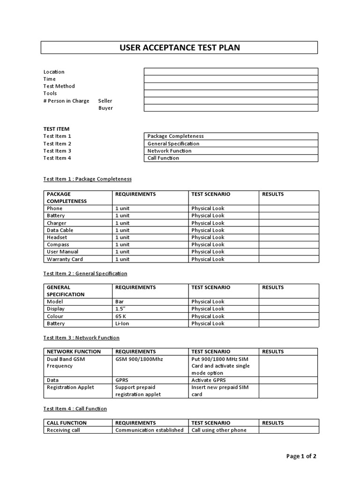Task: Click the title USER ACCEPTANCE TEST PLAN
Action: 180,48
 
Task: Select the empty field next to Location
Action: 231,72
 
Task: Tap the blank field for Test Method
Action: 231,86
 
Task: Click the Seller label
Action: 105,101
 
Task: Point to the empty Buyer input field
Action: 231,108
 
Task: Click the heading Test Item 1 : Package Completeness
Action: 88,179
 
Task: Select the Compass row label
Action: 58,245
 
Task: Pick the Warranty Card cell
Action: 65,259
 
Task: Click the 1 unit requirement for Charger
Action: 122,223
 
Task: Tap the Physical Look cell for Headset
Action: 208,238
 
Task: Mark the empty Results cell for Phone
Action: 288,209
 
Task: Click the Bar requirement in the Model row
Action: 120,302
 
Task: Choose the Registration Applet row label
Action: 70,387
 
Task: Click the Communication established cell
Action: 149,430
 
